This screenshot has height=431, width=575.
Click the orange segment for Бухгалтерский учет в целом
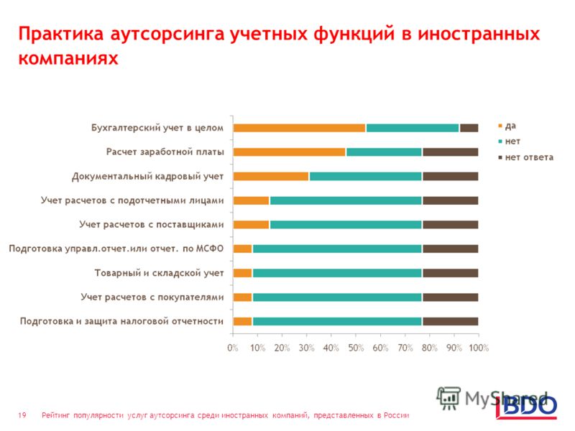point(300,128)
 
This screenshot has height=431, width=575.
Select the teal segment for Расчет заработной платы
point(385,152)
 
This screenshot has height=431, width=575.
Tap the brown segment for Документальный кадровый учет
point(451,176)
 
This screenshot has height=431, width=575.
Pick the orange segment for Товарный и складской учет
point(243,273)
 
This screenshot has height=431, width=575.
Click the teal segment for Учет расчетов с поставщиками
point(346,225)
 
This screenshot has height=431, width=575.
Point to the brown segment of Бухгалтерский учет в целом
point(469,128)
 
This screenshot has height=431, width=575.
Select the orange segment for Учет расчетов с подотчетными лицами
point(251,200)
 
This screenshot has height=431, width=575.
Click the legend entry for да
point(507,126)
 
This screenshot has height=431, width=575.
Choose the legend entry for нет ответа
point(526,157)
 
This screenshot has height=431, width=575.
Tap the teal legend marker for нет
point(500,142)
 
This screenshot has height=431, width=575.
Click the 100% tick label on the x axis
point(479,348)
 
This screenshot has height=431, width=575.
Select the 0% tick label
point(233,348)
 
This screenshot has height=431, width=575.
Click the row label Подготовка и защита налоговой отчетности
point(121,321)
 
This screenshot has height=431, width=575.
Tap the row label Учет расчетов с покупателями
point(152,297)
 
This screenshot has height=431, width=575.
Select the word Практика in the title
point(61,34)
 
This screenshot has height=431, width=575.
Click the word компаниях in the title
point(68,58)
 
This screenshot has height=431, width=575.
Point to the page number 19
point(22,415)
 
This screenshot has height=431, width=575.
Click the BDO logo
point(526,407)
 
